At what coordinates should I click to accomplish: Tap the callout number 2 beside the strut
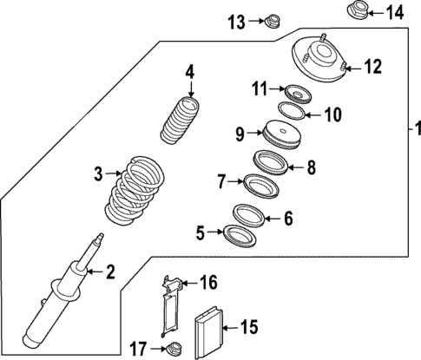(110, 272)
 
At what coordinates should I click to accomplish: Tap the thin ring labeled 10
(293, 112)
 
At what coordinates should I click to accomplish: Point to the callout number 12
(372, 65)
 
